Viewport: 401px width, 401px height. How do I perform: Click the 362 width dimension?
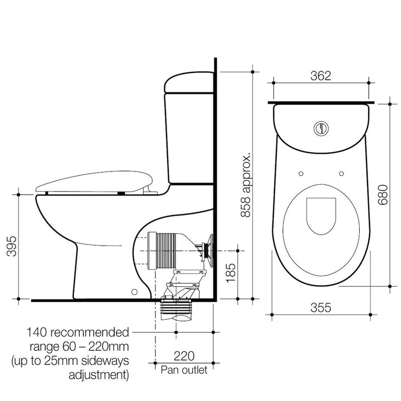320,76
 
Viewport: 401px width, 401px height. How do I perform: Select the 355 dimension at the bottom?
320,307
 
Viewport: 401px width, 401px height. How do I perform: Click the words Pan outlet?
184,370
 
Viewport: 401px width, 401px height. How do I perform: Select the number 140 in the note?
40,332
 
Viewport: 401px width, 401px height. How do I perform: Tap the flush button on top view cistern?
320,126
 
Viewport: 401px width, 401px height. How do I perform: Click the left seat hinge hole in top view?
299,173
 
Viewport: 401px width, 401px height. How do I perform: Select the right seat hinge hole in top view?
341,173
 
